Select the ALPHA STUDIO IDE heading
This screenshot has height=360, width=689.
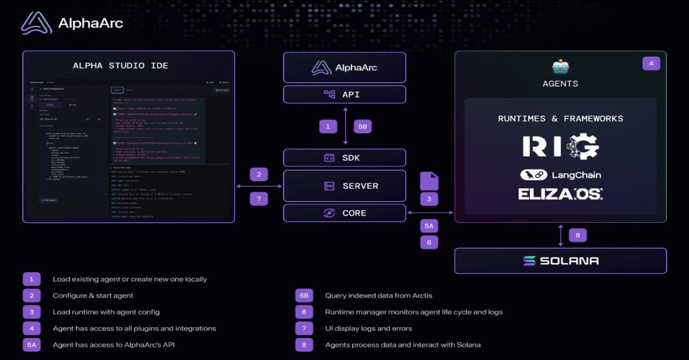tap(121, 65)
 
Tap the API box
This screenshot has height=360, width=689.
tap(344, 94)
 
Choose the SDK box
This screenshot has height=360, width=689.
tap(344, 157)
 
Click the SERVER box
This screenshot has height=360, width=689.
tap(344, 186)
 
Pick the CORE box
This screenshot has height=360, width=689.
tap(344, 213)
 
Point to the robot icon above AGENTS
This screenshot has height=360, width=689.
tap(560, 67)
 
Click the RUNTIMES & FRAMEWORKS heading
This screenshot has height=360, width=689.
tap(560, 119)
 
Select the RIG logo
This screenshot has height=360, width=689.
tap(560, 147)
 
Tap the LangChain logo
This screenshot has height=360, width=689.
tap(560, 175)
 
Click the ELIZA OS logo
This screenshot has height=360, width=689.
tap(560, 193)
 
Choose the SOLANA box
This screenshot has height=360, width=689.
tap(560, 261)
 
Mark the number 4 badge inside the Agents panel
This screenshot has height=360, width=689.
tap(651, 63)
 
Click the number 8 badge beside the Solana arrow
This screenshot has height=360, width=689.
tap(578, 235)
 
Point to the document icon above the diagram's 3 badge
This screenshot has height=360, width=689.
tap(429, 181)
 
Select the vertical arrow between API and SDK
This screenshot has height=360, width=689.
tap(345, 126)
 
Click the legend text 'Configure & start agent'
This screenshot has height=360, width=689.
tap(93, 296)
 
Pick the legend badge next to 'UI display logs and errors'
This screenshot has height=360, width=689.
tap(304, 328)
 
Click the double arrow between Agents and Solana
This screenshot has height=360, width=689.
tap(560, 235)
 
